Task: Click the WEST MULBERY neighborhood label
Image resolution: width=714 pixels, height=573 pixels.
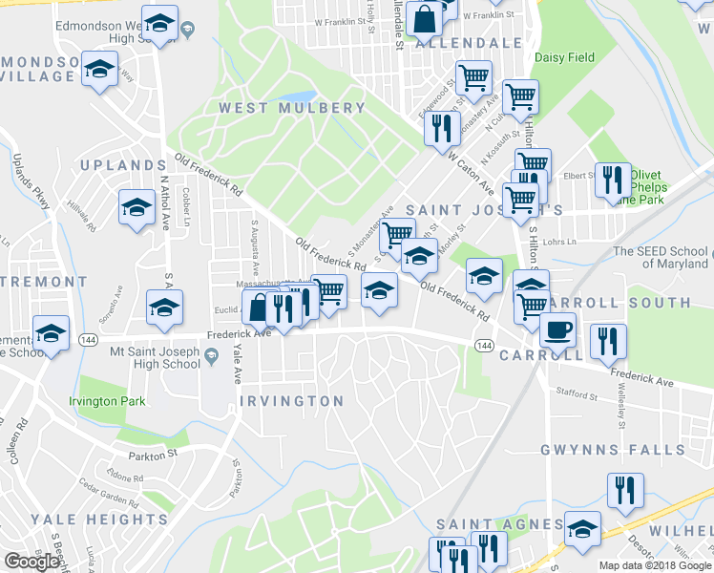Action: (292, 108)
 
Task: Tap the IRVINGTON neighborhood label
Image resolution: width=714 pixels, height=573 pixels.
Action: (291, 401)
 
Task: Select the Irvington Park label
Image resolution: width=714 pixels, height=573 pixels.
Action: (107, 401)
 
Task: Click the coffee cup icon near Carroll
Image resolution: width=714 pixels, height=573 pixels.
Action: (557, 330)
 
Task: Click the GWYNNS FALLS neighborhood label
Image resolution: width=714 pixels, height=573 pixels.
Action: (625, 450)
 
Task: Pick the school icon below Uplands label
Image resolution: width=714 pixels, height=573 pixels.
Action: (136, 206)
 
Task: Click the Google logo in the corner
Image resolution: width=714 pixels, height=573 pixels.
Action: (31, 562)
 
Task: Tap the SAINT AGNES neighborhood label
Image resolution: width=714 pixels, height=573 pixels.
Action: (500, 524)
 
